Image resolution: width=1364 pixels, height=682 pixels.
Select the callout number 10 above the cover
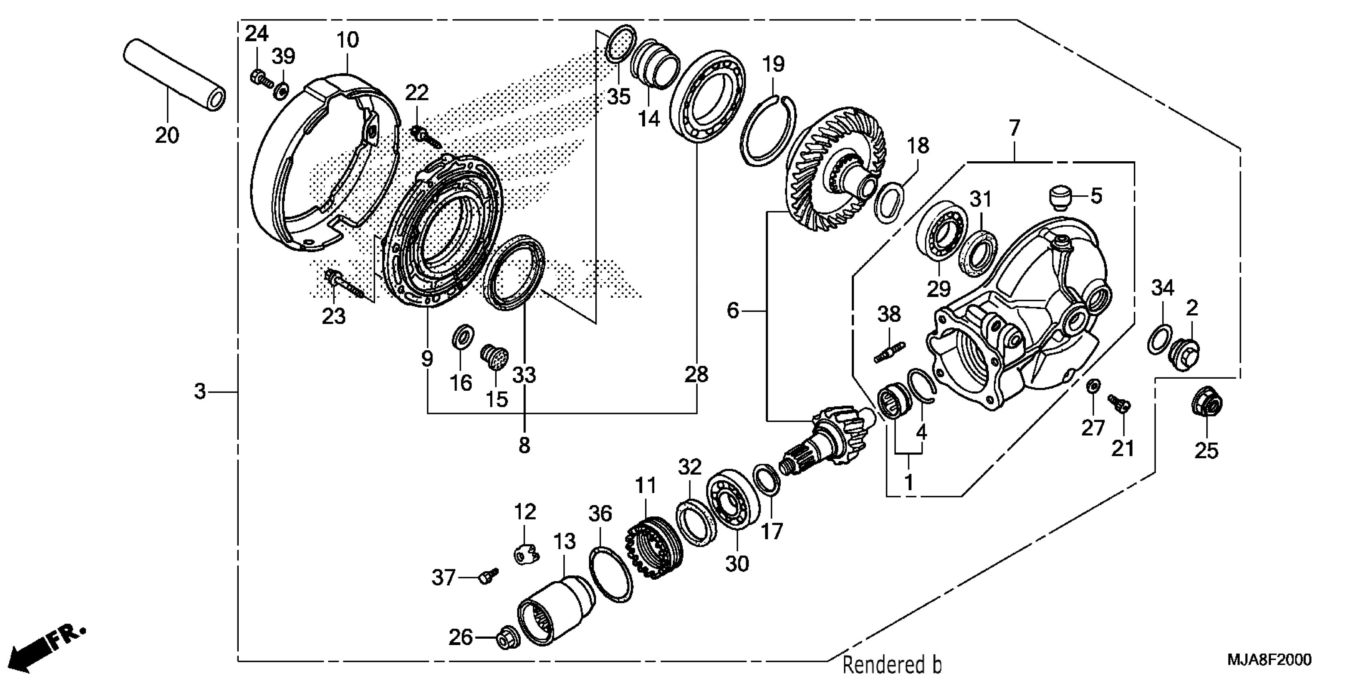pyautogui.click(x=348, y=40)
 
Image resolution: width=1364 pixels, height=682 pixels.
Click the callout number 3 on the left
pyautogui.click(x=200, y=392)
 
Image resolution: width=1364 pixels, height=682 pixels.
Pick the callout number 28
pyautogui.click(x=696, y=374)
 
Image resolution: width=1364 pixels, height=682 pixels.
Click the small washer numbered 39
pyautogui.click(x=281, y=90)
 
